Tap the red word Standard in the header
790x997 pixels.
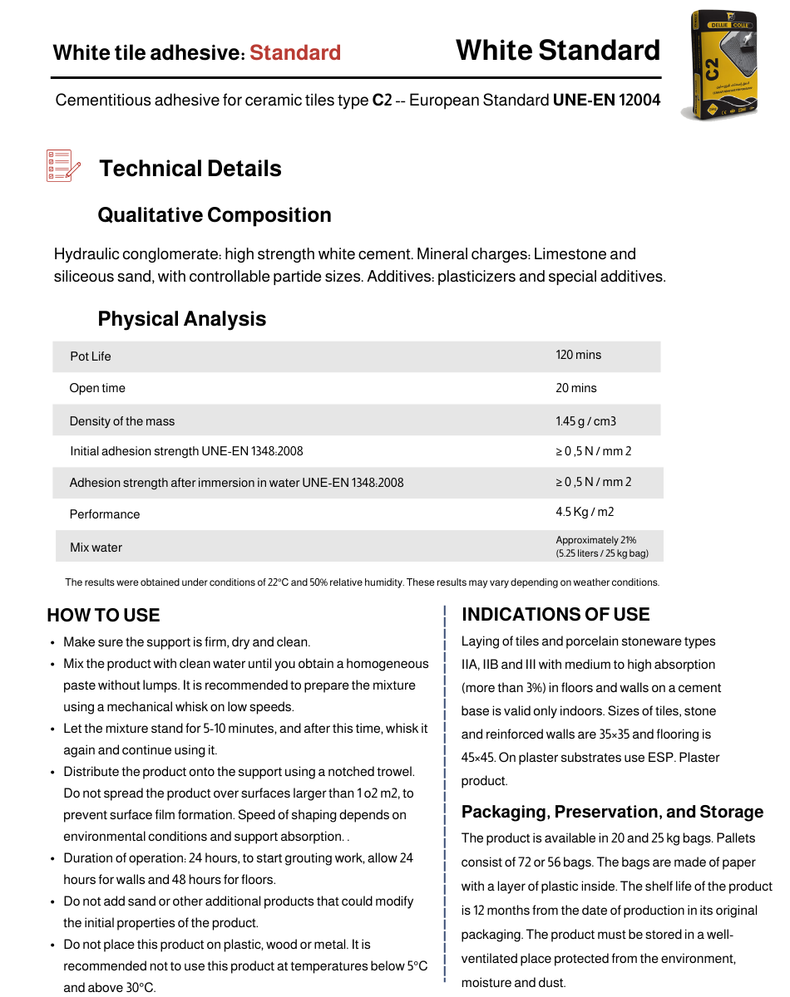coord(295,53)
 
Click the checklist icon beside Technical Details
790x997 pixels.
coord(63,166)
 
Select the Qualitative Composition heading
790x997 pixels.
coord(215,215)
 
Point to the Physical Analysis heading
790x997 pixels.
coord(182,319)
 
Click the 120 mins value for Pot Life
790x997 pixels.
coord(578,355)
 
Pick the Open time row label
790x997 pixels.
coord(97,388)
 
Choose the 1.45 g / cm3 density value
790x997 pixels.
coord(585,421)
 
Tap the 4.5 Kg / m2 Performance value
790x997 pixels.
coord(585,512)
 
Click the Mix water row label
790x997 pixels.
coord(96,548)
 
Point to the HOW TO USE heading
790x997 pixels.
coord(103,616)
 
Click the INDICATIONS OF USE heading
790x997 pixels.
coord(555,615)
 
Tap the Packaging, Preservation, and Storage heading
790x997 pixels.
coord(612,812)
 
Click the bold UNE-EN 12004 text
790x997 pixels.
coord(606,101)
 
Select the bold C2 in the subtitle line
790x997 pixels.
coord(382,101)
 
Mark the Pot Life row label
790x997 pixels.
coord(91,356)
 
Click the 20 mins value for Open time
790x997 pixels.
coord(576,388)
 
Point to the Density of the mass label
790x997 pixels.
coord(122,421)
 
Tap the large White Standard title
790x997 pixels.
coord(557,51)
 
